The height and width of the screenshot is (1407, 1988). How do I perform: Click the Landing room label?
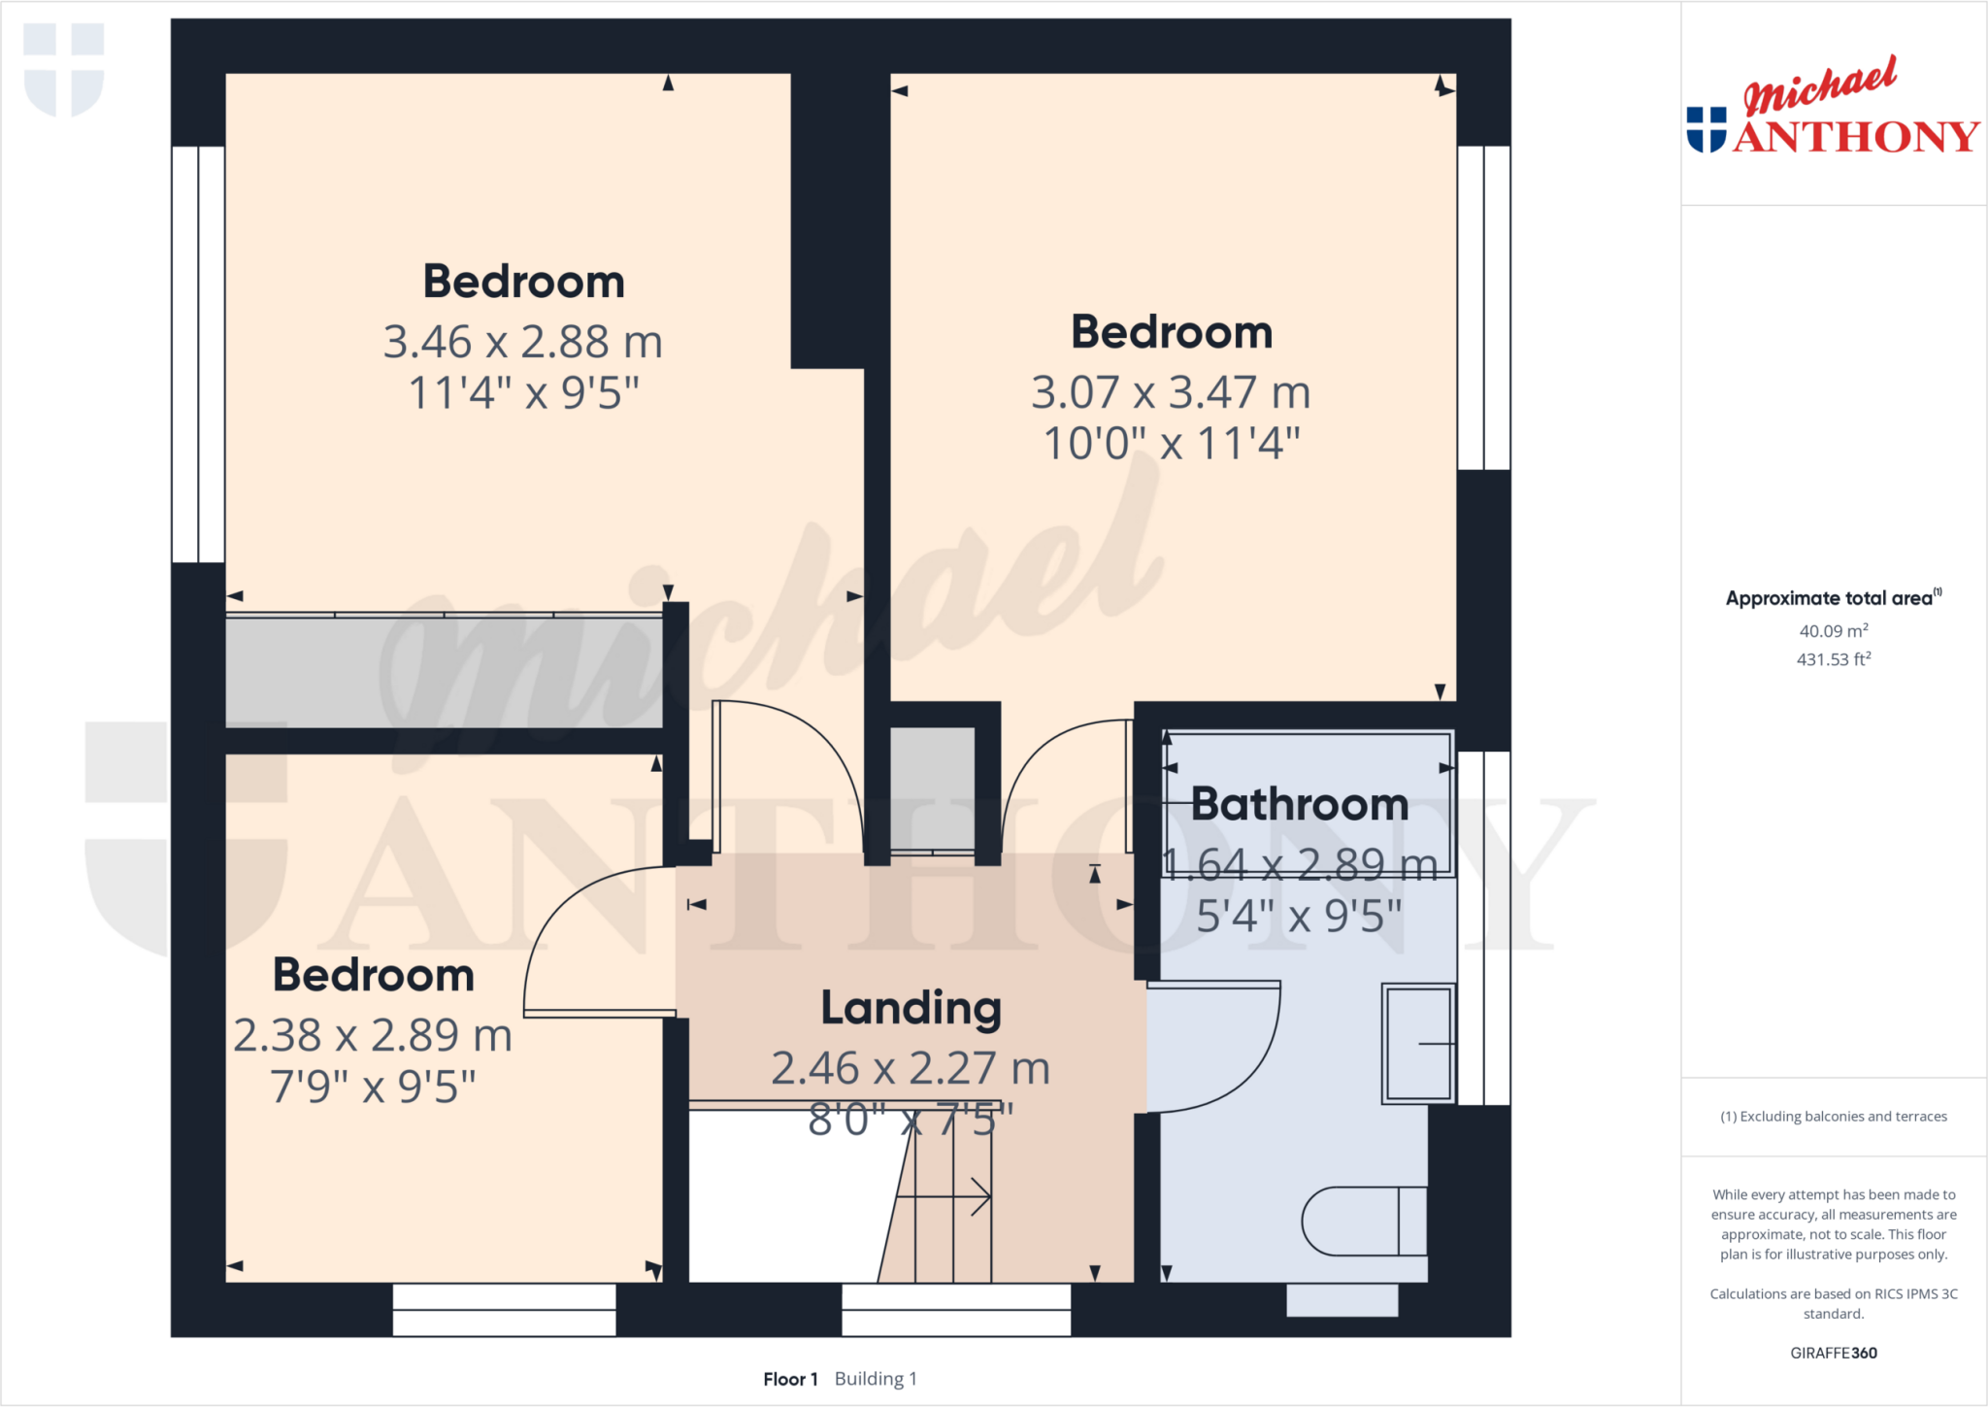pyautogui.click(x=911, y=1008)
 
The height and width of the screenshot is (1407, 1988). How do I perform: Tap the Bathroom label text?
pyautogui.click(x=1300, y=804)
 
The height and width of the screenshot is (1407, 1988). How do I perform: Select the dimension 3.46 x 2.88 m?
pyautogui.click(x=522, y=342)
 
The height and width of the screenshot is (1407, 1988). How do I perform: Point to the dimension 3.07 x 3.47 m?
pyautogui.click(x=1171, y=392)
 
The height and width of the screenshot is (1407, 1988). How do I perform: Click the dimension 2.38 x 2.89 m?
pyautogui.click(x=373, y=1035)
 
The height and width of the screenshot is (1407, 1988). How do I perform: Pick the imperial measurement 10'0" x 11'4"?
pyautogui.click(x=1171, y=444)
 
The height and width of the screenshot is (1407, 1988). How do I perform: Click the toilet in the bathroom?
pyautogui.click(x=1363, y=1221)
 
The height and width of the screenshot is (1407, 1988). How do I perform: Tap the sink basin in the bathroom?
pyautogui.click(x=1418, y=1044)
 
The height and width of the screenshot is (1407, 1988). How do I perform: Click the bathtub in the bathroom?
pyautogui.click(x=1308, y=804)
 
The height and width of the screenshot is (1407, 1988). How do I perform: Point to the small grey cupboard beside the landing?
pyautogui.click(x=933, y=787)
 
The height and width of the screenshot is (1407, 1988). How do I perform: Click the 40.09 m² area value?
pyautogui.click(x=1833, y=631)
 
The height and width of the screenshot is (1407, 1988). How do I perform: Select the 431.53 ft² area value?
pyautogui.click(x=1833, y=659)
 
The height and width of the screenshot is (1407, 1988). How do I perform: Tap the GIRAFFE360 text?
pyautogui.click(x=1833, y=1353)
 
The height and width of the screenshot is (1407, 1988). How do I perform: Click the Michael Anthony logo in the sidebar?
pyautogui.click(x=1833, y=107)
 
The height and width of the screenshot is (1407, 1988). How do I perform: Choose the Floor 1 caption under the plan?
pyautogui.click(x=790, y=1379)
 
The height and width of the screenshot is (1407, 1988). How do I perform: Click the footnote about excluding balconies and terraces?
pyautogui.click(x=1833, y=1117)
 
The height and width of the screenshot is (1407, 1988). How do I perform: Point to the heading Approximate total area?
pyautogui.click(x=1832, y=598)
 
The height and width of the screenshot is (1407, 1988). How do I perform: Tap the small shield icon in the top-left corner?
pyautogui.click(x=64, y=68)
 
